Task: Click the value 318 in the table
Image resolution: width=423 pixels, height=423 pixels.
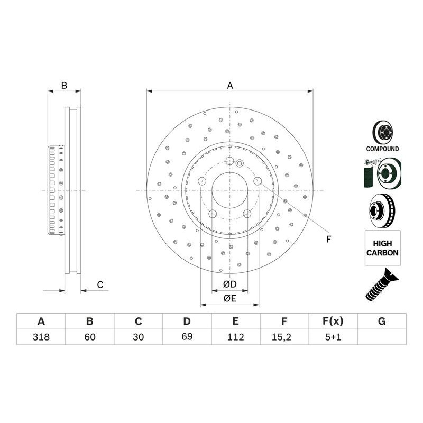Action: [41, 337]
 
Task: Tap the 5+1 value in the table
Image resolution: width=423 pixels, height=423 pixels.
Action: [333, 337]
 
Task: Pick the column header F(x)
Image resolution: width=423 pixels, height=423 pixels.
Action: [333, 321]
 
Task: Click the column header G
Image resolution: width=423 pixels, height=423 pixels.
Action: [382, 321]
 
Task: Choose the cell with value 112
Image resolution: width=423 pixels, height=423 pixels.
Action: [236, 337]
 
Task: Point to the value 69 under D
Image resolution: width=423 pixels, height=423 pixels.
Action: [187, 337]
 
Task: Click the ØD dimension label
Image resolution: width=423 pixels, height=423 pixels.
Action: [230, 284]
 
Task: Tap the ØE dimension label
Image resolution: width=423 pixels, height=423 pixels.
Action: [230, 298]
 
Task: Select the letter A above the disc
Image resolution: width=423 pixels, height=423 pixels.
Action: [230, 86]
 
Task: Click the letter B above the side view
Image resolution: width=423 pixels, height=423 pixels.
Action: [64, 86]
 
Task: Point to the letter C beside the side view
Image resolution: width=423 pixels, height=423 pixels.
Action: [100, 284]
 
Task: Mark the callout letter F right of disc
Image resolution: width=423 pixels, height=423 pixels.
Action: [328, 239]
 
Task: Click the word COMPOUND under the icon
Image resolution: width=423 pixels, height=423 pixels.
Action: [382, 149]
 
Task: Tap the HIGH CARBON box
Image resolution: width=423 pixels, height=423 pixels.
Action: [382, 248]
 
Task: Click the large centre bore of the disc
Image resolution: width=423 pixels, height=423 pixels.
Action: [229, 190]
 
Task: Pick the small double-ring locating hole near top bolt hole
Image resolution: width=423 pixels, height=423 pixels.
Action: [240, 163]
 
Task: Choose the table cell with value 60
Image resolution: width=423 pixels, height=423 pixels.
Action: [90, 337]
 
